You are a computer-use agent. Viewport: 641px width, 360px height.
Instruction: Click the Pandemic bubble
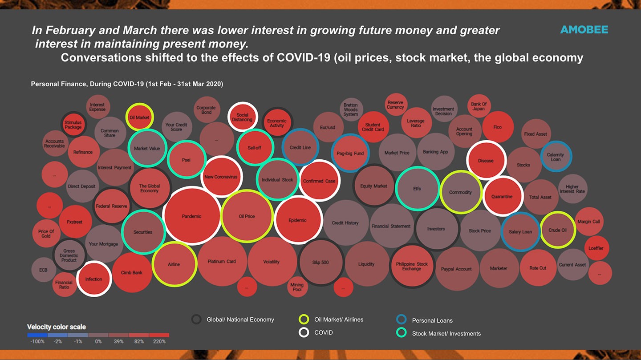[192, 216]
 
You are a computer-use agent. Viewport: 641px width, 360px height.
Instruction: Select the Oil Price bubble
[247, 216]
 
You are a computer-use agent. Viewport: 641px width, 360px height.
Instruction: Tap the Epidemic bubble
[297, 220]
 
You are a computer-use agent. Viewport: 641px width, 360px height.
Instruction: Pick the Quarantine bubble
[502, 196]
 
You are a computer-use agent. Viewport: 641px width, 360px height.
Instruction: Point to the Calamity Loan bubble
[555, 157]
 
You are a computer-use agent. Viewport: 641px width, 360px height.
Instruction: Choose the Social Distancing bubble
[242, 117]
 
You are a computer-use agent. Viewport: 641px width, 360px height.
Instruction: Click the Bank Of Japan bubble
[479, 106]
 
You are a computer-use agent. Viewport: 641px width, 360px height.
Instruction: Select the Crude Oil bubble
[557, 230]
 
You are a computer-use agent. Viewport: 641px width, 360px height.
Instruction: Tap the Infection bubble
[93, 279]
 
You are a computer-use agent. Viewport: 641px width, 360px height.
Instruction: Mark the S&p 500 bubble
[320, 262]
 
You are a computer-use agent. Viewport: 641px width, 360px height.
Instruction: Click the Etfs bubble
[417, 188]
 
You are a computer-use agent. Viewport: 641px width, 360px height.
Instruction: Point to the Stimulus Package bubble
[73, 125]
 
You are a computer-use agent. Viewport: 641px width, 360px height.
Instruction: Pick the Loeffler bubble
[596, 248]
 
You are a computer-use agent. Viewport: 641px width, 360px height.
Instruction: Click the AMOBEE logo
[584, 30]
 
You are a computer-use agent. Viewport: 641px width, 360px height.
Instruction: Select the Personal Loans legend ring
[401, 320]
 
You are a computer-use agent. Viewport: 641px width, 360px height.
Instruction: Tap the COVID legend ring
[304, 332]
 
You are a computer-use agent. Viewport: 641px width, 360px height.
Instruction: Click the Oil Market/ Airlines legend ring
[304, 319]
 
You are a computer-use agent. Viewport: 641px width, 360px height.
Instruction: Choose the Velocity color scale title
[57, 327]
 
